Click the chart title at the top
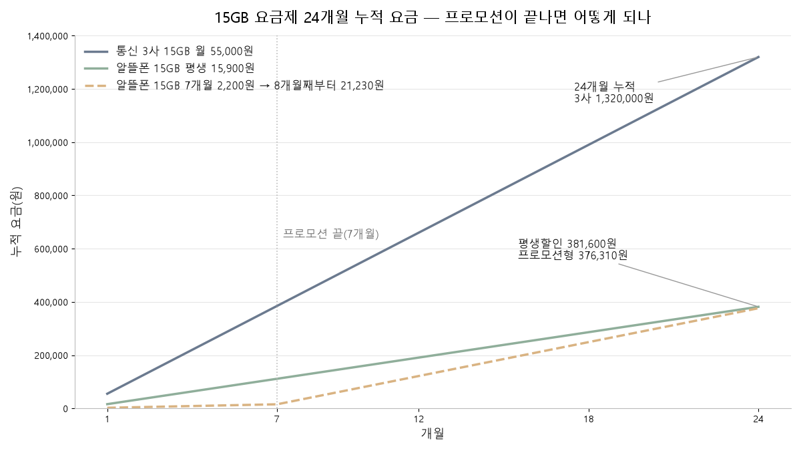tap(433, 17)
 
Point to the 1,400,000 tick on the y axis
tap(47, 36)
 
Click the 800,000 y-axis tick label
tap(51, 196)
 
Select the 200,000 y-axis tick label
tap(51, 355)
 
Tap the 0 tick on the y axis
tap(65, 409)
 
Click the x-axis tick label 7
tap(277, 419)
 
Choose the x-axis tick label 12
tap(419, 419)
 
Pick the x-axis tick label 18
tap(589, 419)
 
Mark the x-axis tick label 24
tap(758, 419)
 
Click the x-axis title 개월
tap(433, 434)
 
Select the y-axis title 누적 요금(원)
tap(16, 222)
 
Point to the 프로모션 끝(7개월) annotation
tap(331, 234)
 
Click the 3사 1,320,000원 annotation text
tap(613, 98)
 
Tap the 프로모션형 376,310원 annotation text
tap(573, 255)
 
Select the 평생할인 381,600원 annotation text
tap(567, 244)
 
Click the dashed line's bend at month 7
tap(277, 404)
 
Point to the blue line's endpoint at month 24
tap(758, 57)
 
